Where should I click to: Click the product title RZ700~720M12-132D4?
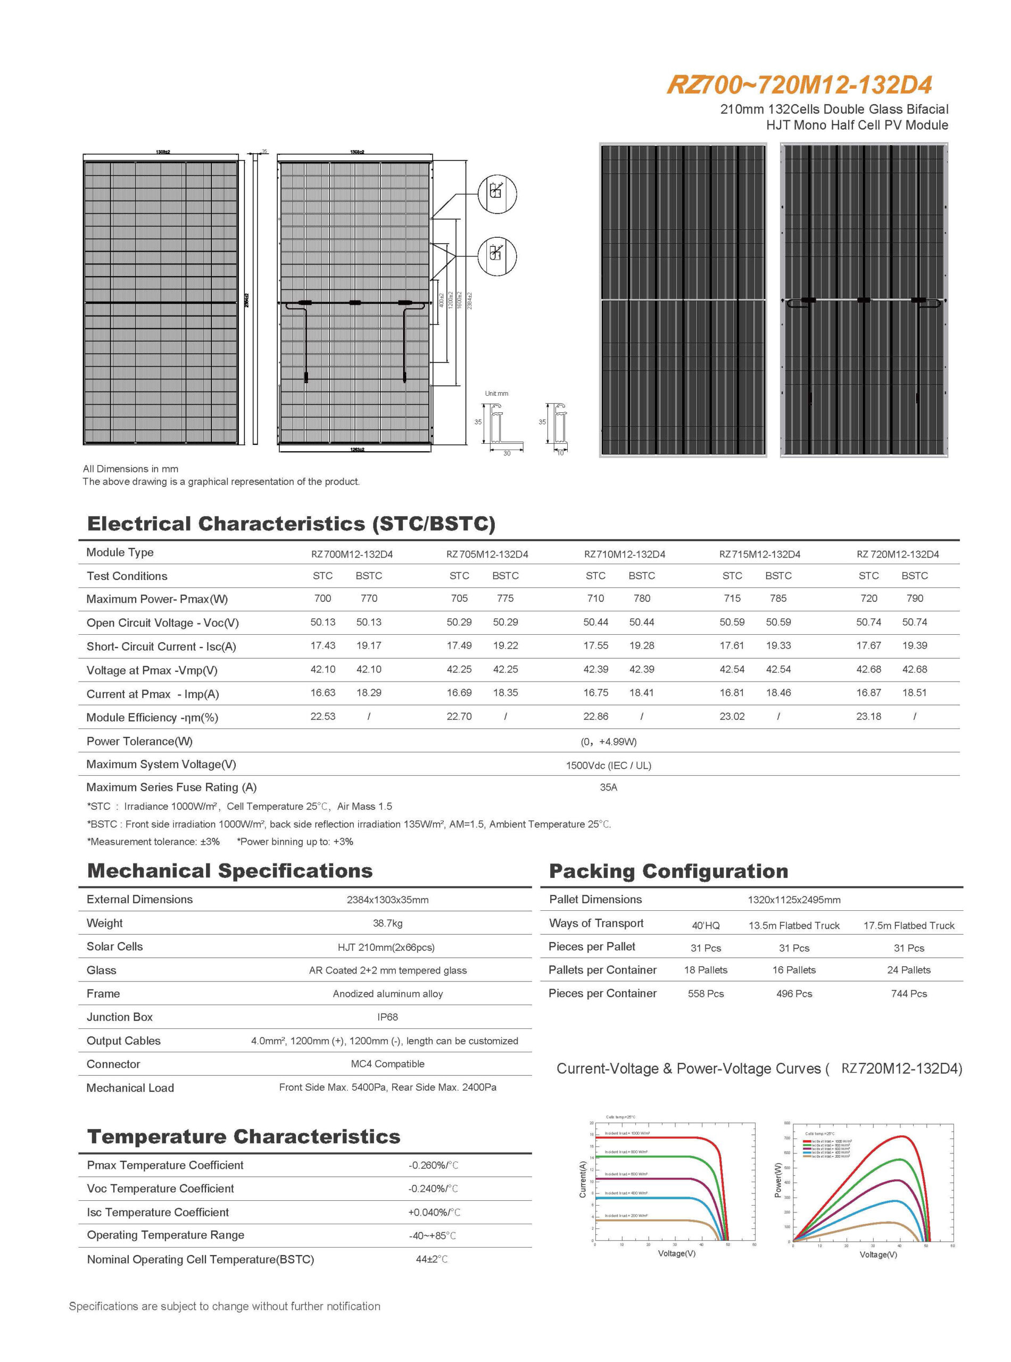(x=799, y=85)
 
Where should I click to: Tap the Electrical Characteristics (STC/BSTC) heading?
(x=291, y=524)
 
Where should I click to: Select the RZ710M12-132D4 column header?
(x=624, y=554)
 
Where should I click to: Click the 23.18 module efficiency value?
(x=868, y=717)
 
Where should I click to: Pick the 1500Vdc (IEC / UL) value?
(x=608, y=766)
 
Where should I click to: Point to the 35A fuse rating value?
(x=608, y=787)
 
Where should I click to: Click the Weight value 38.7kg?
(x=387, y=923)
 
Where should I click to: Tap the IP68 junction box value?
(x=387, y=1017)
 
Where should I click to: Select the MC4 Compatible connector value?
(x=387, y=1064)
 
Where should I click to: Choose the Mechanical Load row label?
(x=130, y=1088)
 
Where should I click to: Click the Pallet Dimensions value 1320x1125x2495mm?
(x=794, y=900)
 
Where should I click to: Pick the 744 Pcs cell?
(x=909, y=994)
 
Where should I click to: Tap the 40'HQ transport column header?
(x=706, y=926)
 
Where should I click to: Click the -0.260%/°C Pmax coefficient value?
(x=433, y=1166)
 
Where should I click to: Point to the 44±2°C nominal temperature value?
(x=432, y=1259)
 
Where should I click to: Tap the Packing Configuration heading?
(x=668, y=871)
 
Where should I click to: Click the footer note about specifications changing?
(x=225, y=1306)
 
